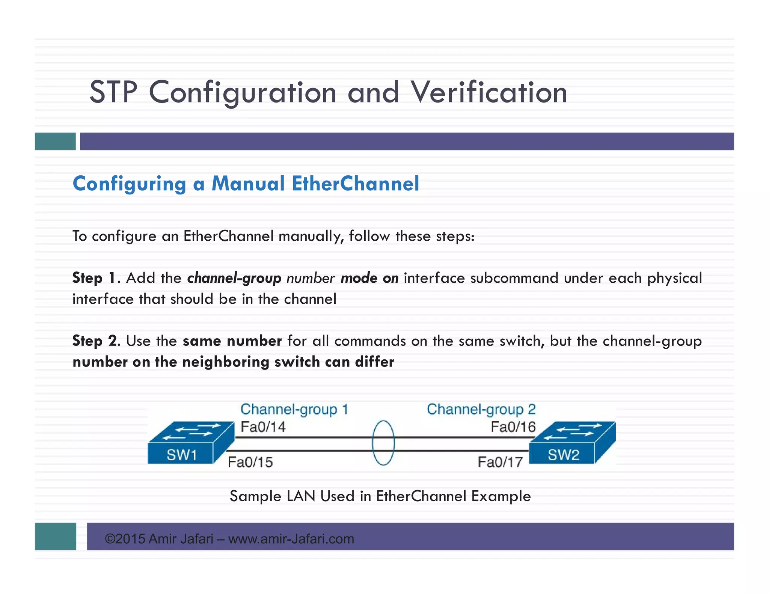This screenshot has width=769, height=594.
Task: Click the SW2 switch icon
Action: pyautogui.click(x=572, y=443)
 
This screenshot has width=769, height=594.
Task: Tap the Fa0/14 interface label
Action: pyautogui.click(x=263, y=427)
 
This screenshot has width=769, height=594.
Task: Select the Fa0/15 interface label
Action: pyautogui.click(x=250, y=462)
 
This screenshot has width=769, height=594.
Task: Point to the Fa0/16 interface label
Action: pyautogui.click(x=513, y=427)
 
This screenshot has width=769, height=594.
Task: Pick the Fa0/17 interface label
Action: pyautogui.click(x=500, y=462)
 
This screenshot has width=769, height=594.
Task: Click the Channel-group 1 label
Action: pyautogui.click(x=294, y=409)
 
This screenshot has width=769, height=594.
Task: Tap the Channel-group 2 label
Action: pyautogui.click(x=481, y=409)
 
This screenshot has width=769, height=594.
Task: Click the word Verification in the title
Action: pyautogui.click(x=489, y=92)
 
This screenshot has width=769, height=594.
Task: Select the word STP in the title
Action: pyautogui.click(x=113, y=92)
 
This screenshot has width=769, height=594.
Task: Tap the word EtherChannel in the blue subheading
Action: pyautogui.click(x=355, y=184)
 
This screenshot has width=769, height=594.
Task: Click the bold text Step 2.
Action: pyautogui.click(x=96, y=341)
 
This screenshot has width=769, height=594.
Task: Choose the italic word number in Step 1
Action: pyautogui.click(x=311, y=278)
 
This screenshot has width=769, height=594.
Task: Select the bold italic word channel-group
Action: pyautogui.click(x=234, y=278)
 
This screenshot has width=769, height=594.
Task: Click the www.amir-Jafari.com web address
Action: pyautogui.click(x=291, y=539)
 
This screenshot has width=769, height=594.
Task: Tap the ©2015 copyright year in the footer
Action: pyautogui.click(x=125, y=539)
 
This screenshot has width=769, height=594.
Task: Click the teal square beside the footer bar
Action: pyautogui.click(x=56, y=536)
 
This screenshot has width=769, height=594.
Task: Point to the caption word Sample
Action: pyautogui.click(x=255, y=496)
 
